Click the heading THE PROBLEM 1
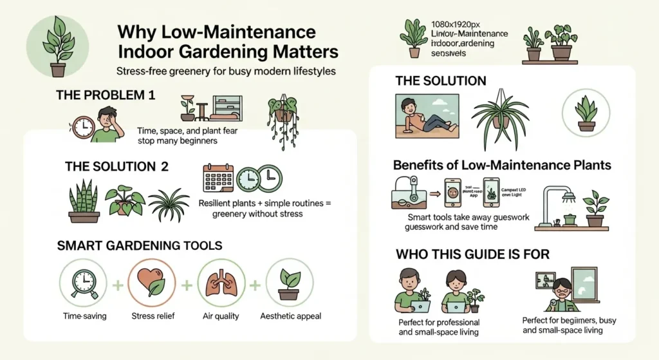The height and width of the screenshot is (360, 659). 106,95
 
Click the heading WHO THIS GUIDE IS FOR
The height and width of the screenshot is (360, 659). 473,254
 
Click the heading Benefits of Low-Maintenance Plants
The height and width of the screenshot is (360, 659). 502,165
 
